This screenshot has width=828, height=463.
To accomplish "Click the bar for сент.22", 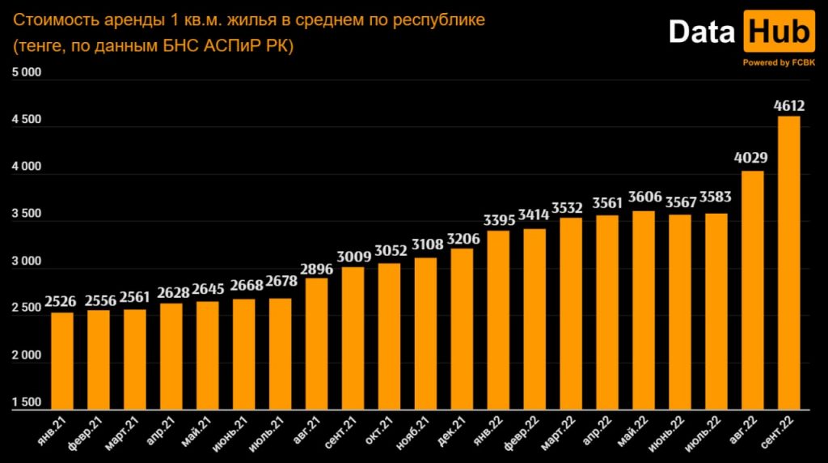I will pyautogui.click(x=788, y=263).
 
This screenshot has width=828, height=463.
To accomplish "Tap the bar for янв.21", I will pyautogui.click(x=62, y=361).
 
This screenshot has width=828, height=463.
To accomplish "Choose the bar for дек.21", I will pyautogui.click(x=462, y=329).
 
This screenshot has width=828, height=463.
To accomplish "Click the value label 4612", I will pyautogui.click(x=788, y=105).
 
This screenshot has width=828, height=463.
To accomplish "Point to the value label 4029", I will pyautogui.click(x=752, y=159).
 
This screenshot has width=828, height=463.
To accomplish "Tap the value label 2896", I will pyautogui.click(x=316, y=267).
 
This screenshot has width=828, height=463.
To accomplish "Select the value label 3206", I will pyautogui.click(x=462, y=237).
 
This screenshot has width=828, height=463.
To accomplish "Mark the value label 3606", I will pyautogui.click(x=644, y=200).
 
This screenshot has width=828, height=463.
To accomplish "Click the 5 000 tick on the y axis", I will pyautogui.click(x=26, y=74).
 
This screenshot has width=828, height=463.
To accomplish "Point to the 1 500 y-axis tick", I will pyautogui.click(x=26, y=402).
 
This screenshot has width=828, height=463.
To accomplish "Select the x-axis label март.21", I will pyautogui.click(x=122, y=435).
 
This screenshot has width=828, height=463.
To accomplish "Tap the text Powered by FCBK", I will pyautogui.click(x=779, y=62).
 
